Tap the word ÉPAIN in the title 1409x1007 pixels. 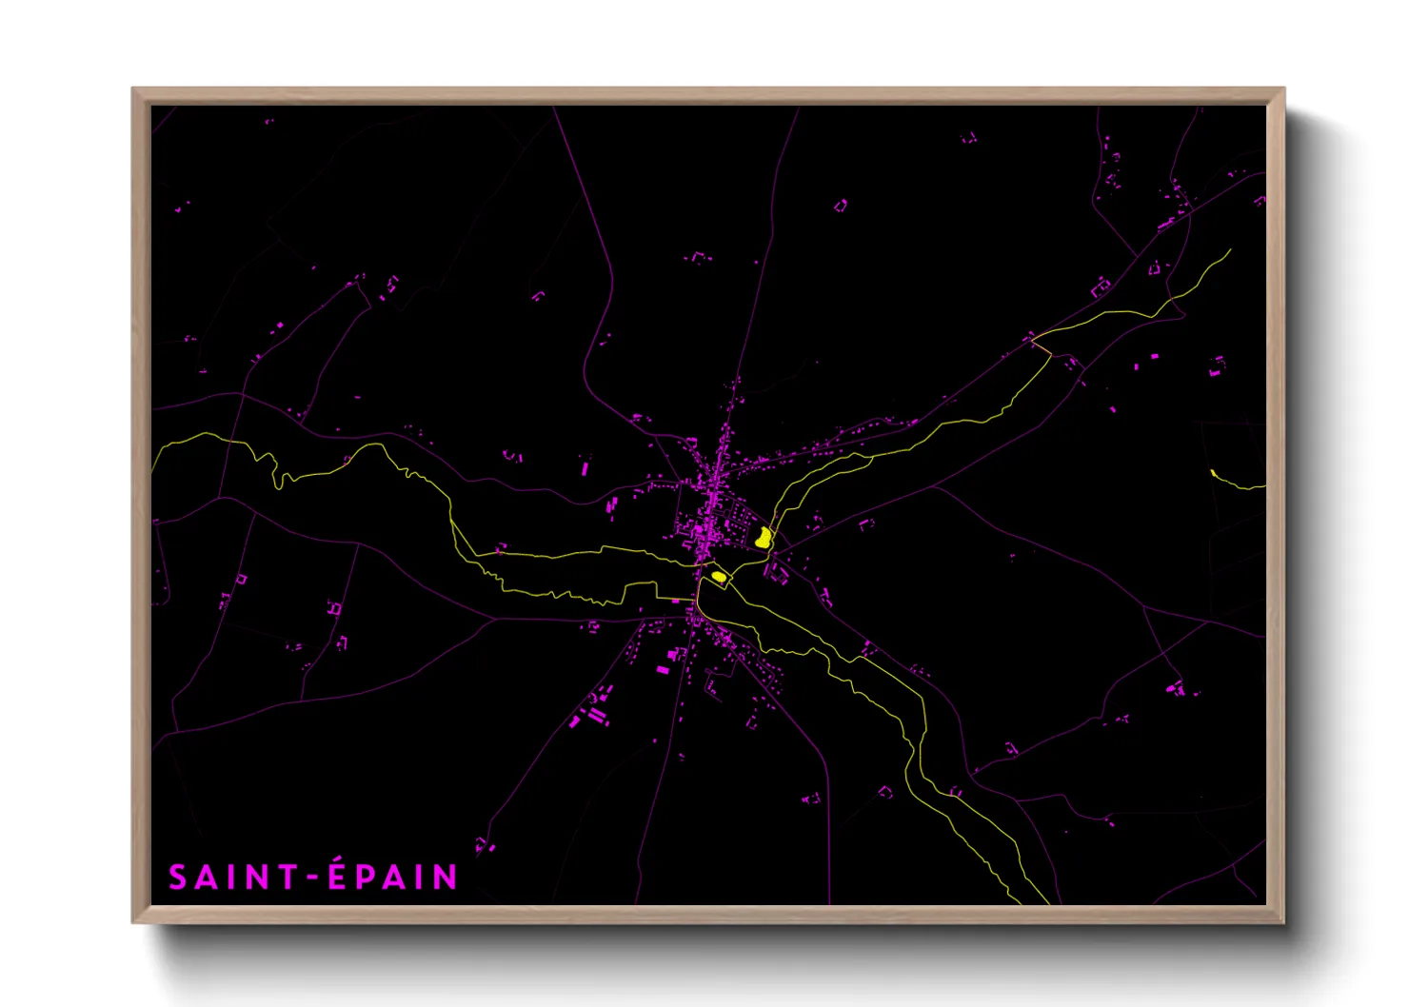[393, 877]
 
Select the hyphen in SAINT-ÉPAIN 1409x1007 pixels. [310, 879]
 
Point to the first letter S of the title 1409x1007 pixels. [178, 878]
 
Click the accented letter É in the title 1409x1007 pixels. [338, 877]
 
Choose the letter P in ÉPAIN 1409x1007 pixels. [366, 878]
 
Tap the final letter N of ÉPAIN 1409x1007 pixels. [446, 878]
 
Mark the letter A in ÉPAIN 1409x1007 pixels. [394, 878]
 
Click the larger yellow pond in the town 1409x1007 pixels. [763, 538]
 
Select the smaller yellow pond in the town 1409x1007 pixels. [719, 576]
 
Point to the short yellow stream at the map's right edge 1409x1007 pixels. [1238, 483]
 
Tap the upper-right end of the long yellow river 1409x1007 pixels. [1229, 250]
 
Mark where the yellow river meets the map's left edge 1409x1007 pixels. [153, 468]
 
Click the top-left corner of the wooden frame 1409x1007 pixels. [133, 89]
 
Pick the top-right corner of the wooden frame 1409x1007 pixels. [1283, 89]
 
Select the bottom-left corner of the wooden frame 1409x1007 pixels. [133, 921]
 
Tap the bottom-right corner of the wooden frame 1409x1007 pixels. [1283, 921]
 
